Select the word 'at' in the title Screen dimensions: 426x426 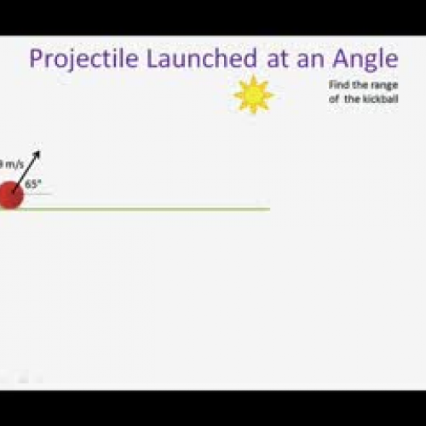click(x=272, y=59)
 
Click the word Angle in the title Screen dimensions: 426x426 click(x=365, y=60)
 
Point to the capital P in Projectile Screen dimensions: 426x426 click(x=36, y=59)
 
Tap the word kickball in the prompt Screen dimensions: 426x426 click(x=383, y=98)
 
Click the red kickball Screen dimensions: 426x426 click(x=11, y=195)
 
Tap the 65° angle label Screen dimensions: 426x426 click(x=33, y=183)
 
